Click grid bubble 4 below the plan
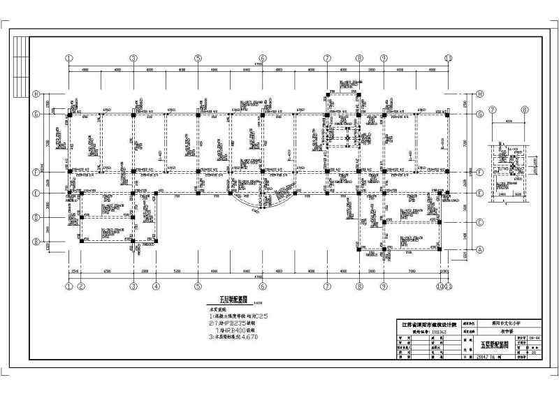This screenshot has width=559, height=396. tap(157, 286)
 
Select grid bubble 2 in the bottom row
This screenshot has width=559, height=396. tap(81, 286)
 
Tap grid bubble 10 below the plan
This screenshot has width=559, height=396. tap(440, 286)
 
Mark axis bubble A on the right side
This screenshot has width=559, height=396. tap(480, 249)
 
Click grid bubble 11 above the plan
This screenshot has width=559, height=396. tap(449, 58)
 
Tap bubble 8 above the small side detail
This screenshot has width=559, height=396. tap(525, 110)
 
